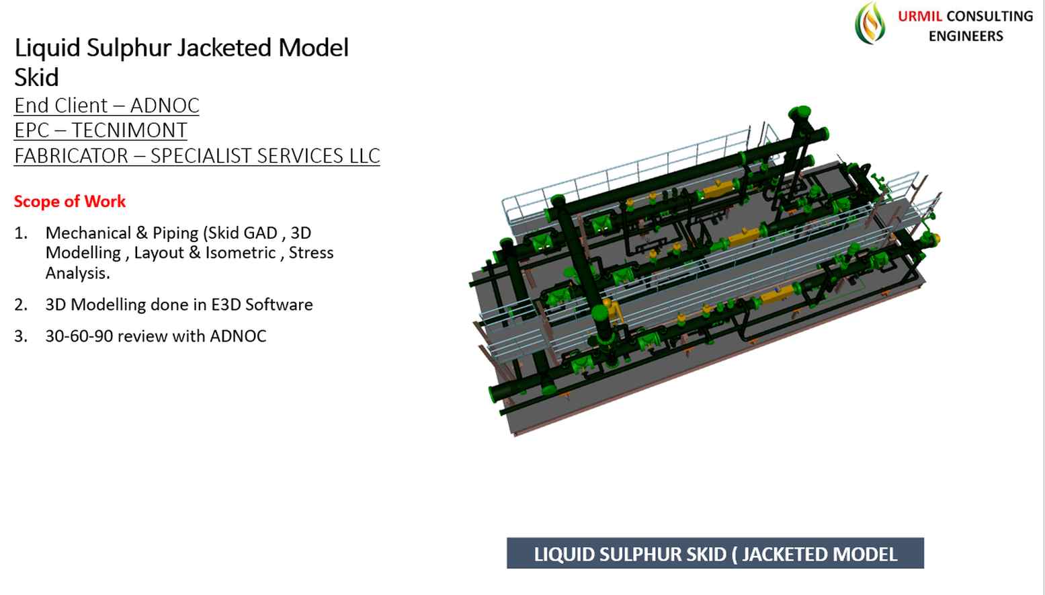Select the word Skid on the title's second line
[36, 78]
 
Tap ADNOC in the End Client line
[165, 106]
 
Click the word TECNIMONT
[129, 130]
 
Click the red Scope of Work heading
[70, 202]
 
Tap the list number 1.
[21, 233]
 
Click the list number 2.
[21, 305]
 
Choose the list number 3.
[21, 336]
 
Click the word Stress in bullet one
[311, 253]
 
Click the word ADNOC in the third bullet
[238, 336]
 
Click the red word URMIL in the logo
[920, 16]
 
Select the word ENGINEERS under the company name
[966, 36]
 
